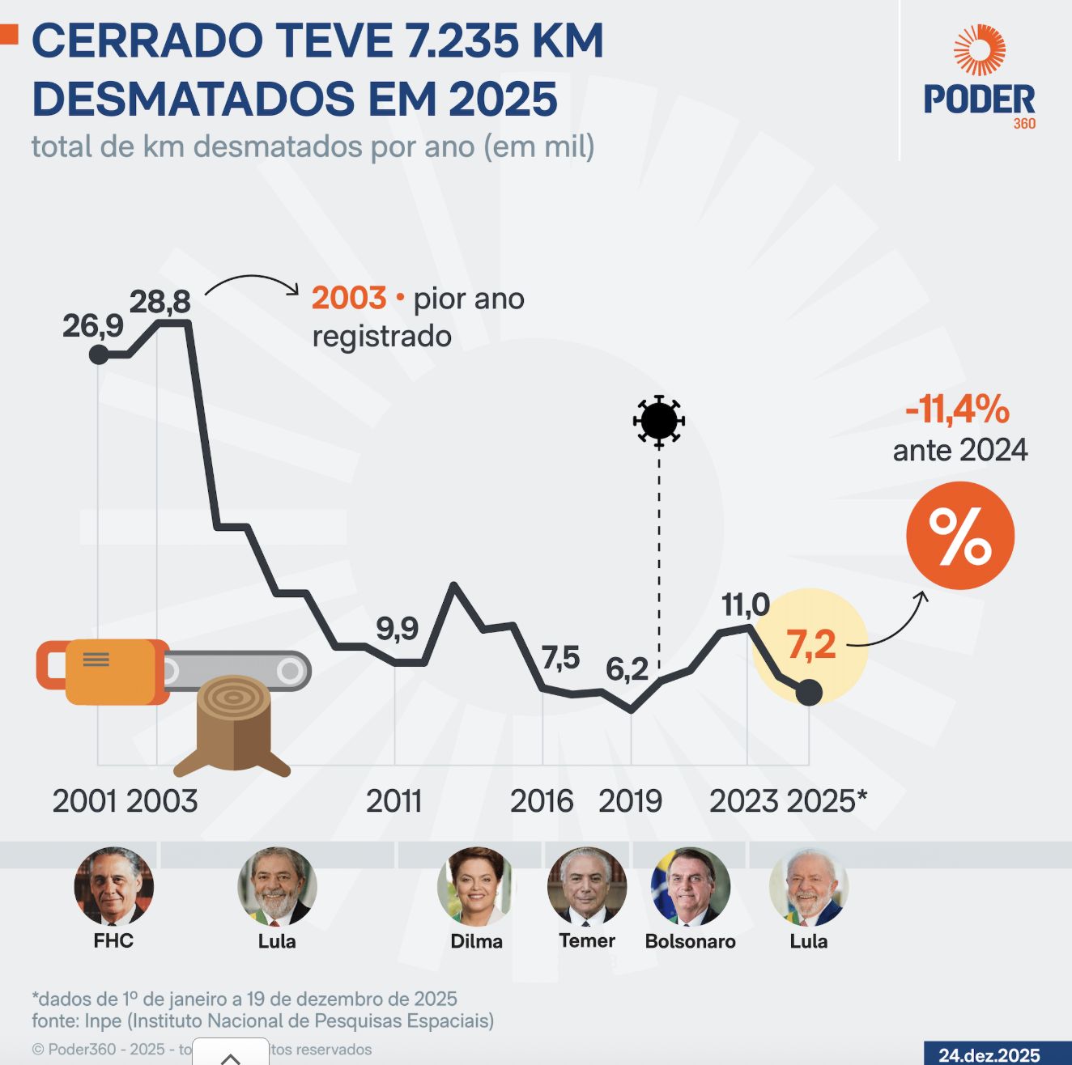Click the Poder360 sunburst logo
coord(979,50)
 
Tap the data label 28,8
coord(160,302)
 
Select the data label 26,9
coord(93,326)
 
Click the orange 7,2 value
coord(810,645)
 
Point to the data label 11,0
coord(745,605)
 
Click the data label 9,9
coord(397,628)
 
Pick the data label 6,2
coord(627,669)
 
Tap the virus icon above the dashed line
coord(659,421)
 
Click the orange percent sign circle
coord(960,536)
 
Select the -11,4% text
coord(957,409)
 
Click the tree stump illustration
coord(233,724)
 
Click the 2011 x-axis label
coord(394,801)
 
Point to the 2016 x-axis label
coord(541,801)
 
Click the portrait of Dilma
coord(476,887)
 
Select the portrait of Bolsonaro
coord(690,887)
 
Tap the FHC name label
coord(113,940)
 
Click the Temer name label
coord(587,940)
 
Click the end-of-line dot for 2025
coord(809,693)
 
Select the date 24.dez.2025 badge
coord(989,1054)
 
